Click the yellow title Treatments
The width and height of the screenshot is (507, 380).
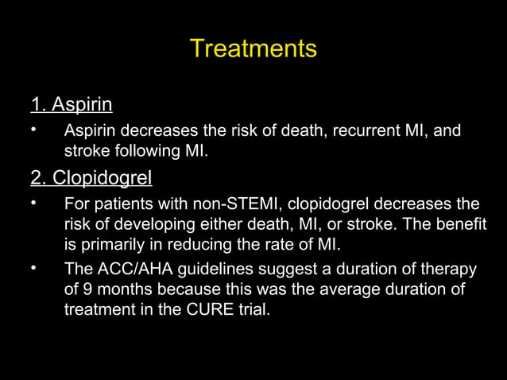pos(253,49)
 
